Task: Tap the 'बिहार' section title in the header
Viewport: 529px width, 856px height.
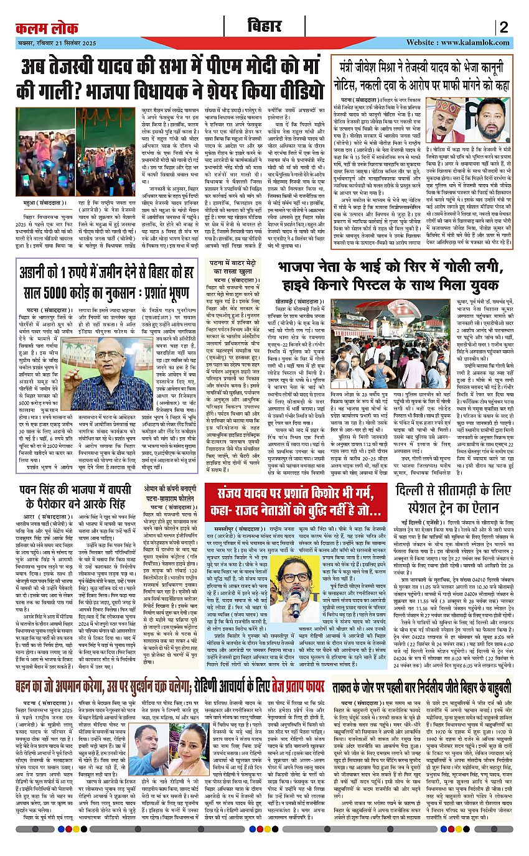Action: click(264, 27)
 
